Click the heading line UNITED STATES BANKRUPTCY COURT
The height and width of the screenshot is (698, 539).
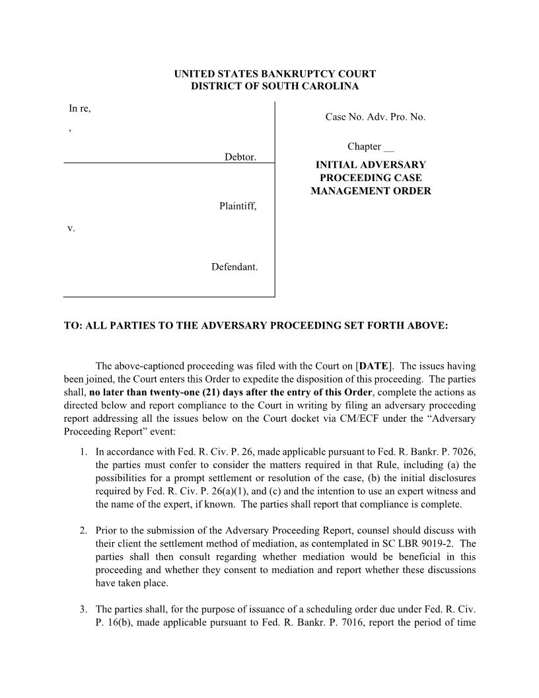tap(274, 74)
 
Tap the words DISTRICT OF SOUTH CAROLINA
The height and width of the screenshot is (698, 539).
tap(274, 87)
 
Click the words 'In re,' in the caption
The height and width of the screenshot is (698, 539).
tap(80, 108)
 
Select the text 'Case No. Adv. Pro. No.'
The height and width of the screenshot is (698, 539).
tap(375, 117)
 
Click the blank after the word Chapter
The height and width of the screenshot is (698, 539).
tap(388, 147)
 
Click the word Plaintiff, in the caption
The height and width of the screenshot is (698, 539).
tap(238, 207)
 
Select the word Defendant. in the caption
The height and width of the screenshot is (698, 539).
tap(234, 267)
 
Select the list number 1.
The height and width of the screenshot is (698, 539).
tap(83, 452)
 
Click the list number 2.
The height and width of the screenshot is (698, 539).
tap(83, 530)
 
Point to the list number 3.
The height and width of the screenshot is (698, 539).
tap(83, 609)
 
